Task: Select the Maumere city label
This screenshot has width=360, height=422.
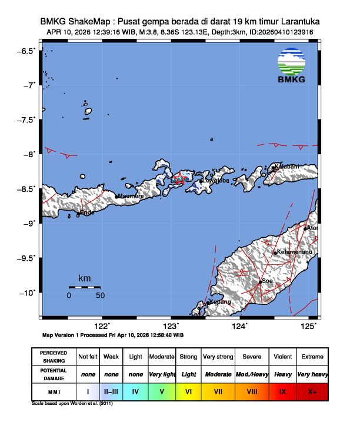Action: tap(131, 196)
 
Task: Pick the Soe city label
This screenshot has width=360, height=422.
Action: tap(267, 281)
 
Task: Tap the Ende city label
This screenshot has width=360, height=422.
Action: tap(87, 212)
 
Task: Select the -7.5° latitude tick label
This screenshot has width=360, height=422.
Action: tap(26, 120)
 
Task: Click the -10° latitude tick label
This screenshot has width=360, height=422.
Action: tap(28, 293)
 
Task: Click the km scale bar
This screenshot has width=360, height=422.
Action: tap(84, 287)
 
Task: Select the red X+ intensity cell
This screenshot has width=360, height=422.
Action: tap(312, 390)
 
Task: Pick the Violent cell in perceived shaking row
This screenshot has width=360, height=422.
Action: tap(282, 357)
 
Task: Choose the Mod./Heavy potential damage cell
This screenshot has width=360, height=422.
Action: tap(251, 374)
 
